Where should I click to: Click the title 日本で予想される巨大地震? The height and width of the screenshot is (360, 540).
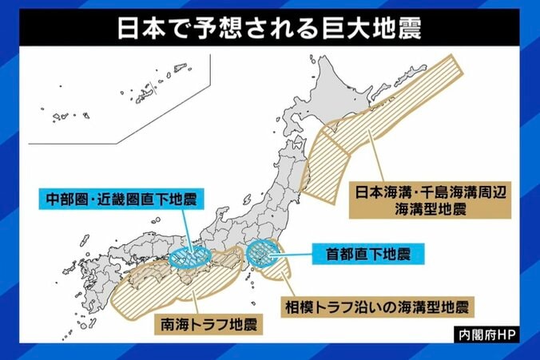(x=270, y=29)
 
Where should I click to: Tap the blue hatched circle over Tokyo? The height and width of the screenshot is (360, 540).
(x=262, y=254)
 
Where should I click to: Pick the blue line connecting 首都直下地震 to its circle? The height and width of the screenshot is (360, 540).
(x=292, y=255)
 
